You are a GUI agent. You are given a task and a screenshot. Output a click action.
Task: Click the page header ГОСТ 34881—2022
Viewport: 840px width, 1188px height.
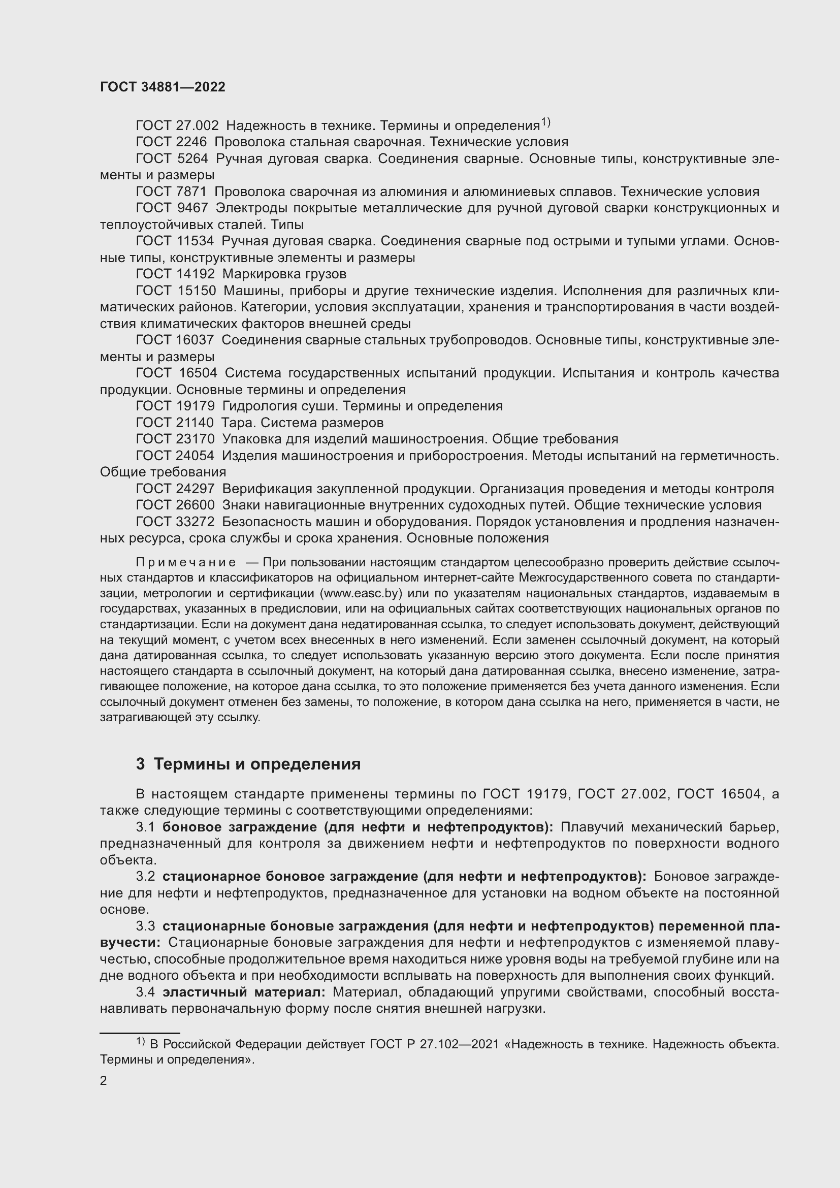coord(163,87)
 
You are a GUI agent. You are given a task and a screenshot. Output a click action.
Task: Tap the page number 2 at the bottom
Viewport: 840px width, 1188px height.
coord(104,1080)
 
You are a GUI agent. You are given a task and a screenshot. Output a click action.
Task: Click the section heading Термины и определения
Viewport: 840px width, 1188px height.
coord(257,764)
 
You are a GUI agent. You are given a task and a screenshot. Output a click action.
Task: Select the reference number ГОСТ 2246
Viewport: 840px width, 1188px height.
coord(171,142)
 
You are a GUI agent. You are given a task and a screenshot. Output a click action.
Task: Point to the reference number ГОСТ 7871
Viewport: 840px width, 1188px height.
coord(171,192)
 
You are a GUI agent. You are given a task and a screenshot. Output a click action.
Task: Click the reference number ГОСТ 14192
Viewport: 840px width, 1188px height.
coord(175,274)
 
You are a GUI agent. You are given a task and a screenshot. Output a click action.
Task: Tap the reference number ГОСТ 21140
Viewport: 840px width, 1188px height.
coord(175,423)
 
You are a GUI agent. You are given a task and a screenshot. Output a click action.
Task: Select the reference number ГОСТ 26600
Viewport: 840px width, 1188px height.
coord(175,505)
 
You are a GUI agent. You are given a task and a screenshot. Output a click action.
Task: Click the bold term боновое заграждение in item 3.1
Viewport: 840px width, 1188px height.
coord(241,827)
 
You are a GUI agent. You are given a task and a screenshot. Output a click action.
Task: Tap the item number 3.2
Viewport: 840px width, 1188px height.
coord(145,877)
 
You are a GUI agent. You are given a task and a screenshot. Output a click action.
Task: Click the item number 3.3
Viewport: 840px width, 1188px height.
coord(145,926)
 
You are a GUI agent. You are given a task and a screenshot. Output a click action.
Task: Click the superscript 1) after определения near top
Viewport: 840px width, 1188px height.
coord(545,122)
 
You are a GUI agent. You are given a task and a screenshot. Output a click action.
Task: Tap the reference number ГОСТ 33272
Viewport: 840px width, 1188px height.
coord(175,522)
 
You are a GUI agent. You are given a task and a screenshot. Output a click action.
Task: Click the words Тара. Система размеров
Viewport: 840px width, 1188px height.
coord(302,423)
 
